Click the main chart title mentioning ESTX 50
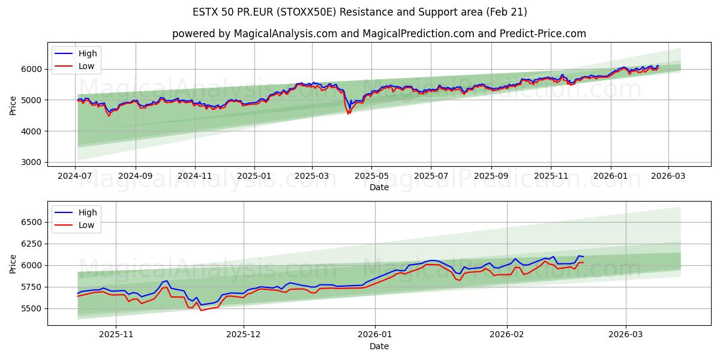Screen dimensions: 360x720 360,12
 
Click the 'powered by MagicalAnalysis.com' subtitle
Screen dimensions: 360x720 379,34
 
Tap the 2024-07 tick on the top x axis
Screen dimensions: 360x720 76,176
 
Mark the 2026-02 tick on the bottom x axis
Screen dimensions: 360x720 507,335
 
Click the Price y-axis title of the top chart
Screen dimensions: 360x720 13,106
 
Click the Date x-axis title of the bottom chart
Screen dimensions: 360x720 379,346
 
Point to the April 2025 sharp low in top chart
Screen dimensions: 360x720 348,113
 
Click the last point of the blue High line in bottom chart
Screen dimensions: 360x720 583,257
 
